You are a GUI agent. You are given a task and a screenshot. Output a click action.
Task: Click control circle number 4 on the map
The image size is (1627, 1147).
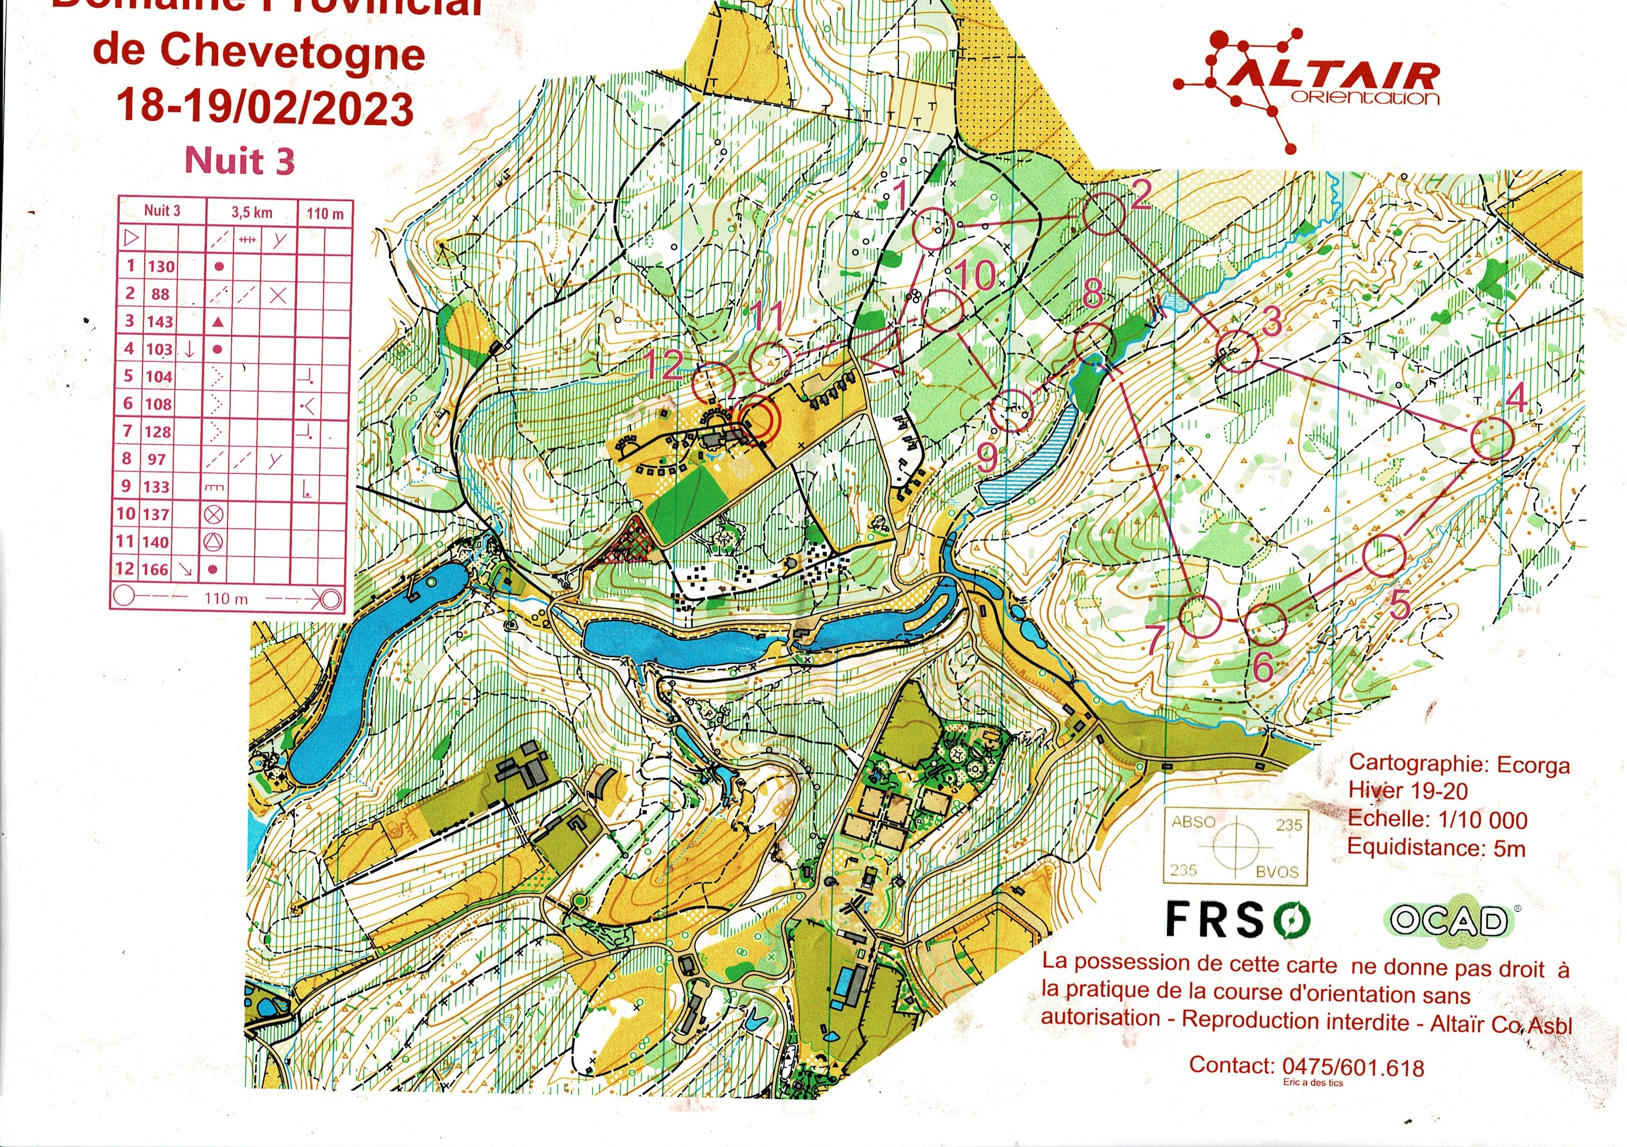pyautogui.click(x=1492, y=439)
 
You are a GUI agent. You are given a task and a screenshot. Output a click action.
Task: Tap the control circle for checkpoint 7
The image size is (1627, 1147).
pyautogui.click(x=1201, y=616)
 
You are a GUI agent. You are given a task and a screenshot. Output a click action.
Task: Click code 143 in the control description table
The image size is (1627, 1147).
pyautogui.click(x=160, y=322)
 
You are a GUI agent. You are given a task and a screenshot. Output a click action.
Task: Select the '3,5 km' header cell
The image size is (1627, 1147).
pyautogui.click(x=252, y=212)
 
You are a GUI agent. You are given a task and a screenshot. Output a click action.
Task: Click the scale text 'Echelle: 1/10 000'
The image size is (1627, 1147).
pyautogui.click(x=1437, y=820)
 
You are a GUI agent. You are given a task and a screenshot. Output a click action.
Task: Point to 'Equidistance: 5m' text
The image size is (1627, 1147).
pyautogui.click(x=1436, y=847)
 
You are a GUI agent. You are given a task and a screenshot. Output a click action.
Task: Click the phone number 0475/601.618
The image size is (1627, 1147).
pyautogui.click(x=1353, y=1066)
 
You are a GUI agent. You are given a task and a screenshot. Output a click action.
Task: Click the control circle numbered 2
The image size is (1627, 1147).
pyautogui.click(x=1104, y=214)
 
